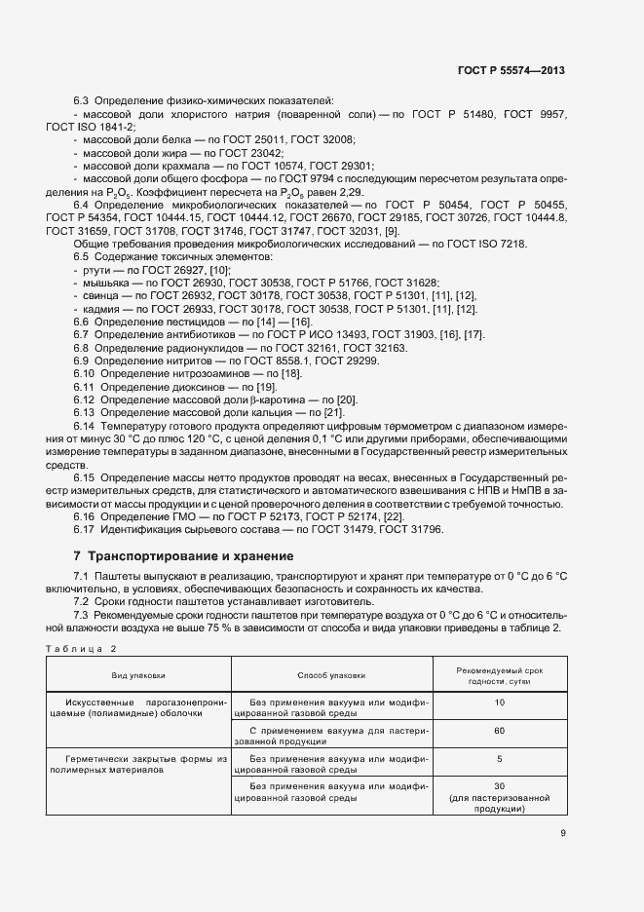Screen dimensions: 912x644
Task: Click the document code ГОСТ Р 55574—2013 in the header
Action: pos(511,71)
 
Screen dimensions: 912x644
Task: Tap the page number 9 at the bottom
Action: pos(563,832)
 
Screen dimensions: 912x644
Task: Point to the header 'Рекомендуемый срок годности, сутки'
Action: pos(499,674)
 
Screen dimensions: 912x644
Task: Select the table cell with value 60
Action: pos(499,729)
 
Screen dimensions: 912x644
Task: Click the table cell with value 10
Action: pos(499,702)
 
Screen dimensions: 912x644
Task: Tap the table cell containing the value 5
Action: pos(499,757)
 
